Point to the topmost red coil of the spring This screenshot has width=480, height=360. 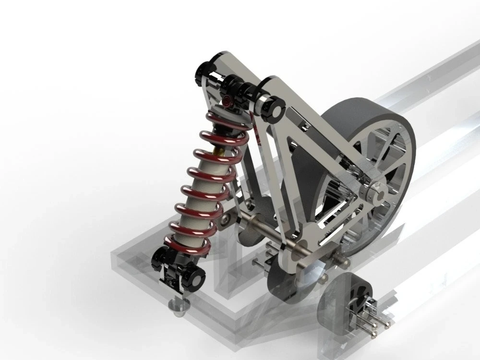coord(226,120)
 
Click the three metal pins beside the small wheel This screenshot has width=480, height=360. coord(377,319)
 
